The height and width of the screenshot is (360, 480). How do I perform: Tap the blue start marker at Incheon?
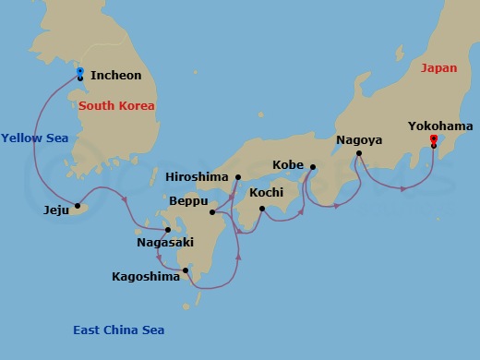click(80, 71)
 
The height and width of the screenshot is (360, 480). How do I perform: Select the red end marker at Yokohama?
click(433, 138)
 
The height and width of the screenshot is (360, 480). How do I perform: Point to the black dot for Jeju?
click(78, 206)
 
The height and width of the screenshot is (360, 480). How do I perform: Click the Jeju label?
click(56, 210)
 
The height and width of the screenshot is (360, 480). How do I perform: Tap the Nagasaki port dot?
click(167, 230)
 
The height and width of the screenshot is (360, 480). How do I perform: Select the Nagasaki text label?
click(166, 243)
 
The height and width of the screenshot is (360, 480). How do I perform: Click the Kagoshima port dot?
click(186, 270)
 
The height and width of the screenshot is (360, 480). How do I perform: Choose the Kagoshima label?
click(146, 276)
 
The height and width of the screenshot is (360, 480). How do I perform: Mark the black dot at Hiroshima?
click(237, 177)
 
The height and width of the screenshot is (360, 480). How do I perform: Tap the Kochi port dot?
click(262, 209)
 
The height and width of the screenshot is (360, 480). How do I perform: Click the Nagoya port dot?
click(358, 153)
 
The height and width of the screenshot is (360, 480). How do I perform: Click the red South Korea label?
click(116, 106)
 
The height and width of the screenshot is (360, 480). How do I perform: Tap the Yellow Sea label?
click(34, 138)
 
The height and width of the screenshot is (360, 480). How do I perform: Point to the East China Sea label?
click(119, 330)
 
